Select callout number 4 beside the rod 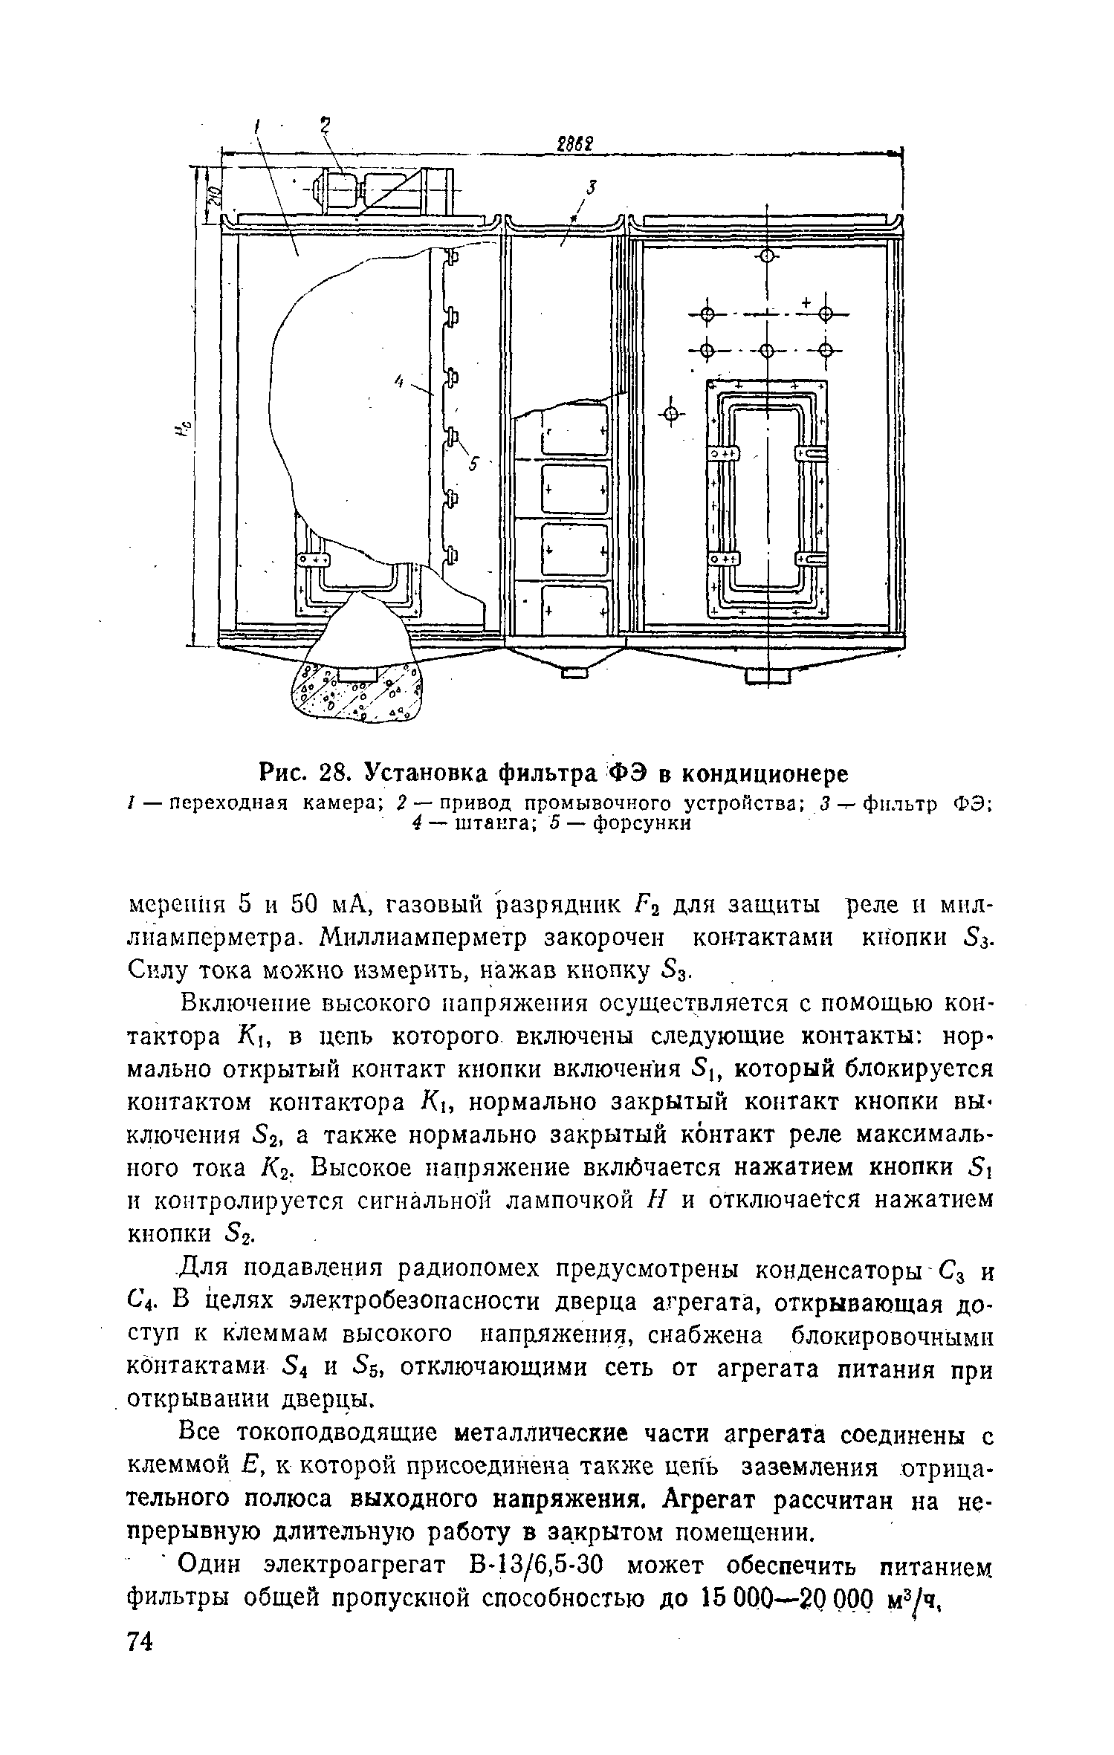pyautogui.click(x=398, y=381)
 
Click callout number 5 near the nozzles pyautogui.click(x=473, y=464)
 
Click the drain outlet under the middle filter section pyautogui.click(x=575, y=673)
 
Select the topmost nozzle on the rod pyautogui.click(x=451, y=257)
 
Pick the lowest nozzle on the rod pyautogui.click(x=451, y=554)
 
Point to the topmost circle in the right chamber pyautogui.click(x=768, y=257)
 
